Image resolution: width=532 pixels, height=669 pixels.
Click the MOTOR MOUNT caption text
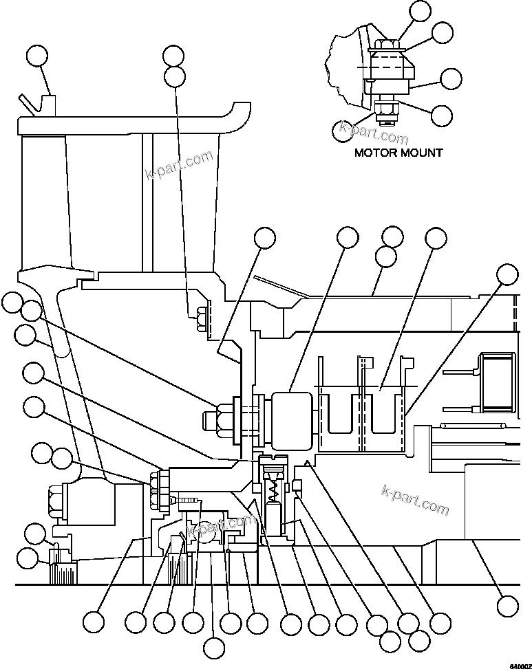[x=398, y=152]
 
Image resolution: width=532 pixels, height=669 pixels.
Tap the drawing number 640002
[x=520, y=665]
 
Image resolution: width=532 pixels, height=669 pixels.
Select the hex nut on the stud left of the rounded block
[x=220, y=417]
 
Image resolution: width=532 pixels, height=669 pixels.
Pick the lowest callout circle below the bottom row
[x=215, y=647]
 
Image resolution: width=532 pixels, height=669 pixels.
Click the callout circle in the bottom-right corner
[x=507, y=605]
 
